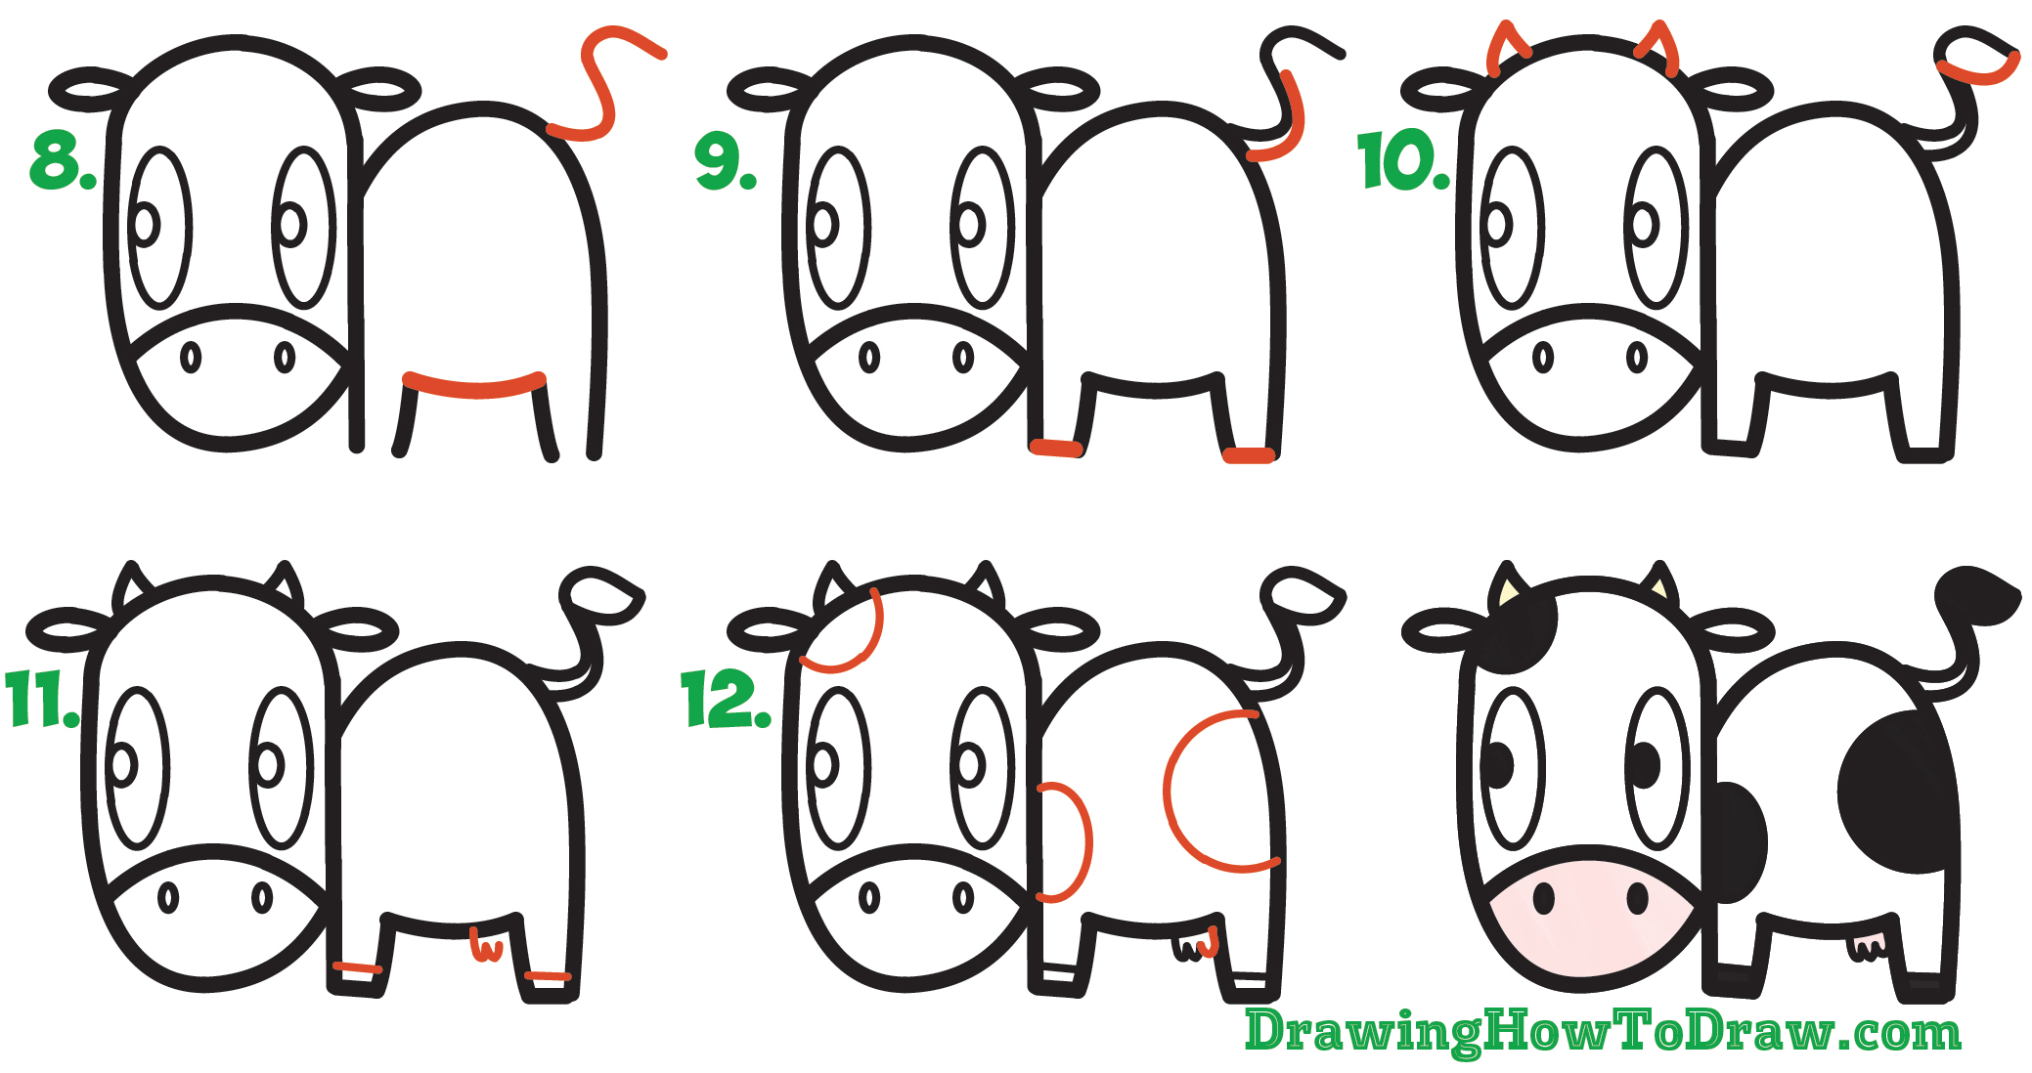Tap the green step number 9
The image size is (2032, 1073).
click(x=724, y=162)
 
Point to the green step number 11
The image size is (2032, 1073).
click(x=41, y=700)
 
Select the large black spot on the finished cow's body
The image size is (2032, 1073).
click(x=1897, y=792)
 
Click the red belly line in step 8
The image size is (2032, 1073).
click(x=475, y=387)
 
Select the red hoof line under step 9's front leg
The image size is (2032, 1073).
click(x=1056, y=448)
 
